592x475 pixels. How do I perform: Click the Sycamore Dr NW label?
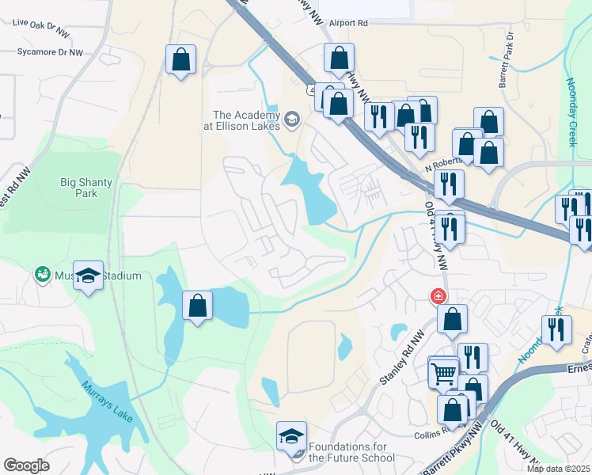[x=50, y=52]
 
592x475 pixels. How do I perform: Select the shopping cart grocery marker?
[x=443, y=372]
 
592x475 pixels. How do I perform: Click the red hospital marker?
[x=436, y=297]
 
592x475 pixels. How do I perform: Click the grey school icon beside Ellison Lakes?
[x=292, y=120]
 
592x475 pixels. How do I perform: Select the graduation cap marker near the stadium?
[x=89, y=275]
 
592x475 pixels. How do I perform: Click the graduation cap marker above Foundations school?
[x=291, y=436]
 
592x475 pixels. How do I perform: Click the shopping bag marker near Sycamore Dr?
[x=181, y=59]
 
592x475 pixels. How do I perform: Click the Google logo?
[x=26, y=465]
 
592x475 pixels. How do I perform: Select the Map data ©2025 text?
[x=559, y=469]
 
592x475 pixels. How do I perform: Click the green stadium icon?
[x=40, y=275]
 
